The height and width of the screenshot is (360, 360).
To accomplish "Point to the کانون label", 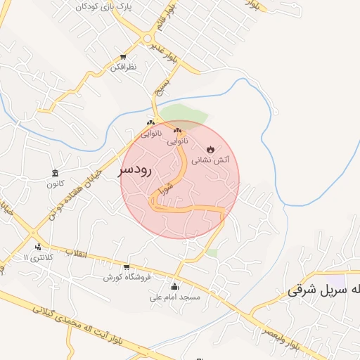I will [55, 185].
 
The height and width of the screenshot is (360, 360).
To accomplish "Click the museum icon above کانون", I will [55, 173].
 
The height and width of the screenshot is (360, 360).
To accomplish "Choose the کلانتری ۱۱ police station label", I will [38, 259].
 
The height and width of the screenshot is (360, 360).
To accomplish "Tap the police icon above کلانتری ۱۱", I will [38, 247].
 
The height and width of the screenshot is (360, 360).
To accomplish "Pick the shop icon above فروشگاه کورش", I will [127, 266].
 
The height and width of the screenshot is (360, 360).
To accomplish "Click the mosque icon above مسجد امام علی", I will [175, 286].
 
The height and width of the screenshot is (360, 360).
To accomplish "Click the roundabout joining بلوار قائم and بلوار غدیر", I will [148, 38].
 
